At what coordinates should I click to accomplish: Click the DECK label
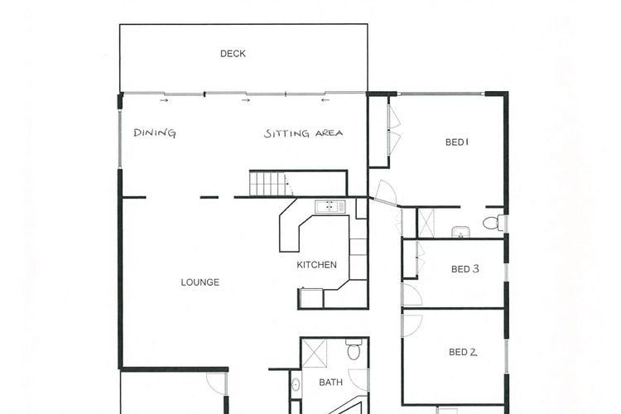233,54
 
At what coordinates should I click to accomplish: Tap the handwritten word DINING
155,132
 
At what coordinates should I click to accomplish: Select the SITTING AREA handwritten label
303,133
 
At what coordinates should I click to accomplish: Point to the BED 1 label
457,142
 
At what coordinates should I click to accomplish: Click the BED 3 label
465,269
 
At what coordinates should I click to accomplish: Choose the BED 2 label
463,352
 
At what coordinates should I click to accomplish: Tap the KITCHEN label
317,265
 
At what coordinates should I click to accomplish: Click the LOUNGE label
200,282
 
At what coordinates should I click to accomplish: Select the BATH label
330,383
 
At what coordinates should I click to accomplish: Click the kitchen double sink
330,206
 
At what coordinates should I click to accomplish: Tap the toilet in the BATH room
354,349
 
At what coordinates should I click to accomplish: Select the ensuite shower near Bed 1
426,223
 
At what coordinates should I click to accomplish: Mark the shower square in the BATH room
315,353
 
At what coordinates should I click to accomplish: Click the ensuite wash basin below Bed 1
460,232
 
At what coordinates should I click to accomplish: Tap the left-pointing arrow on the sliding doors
325,100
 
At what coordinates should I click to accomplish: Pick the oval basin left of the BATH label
296,385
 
